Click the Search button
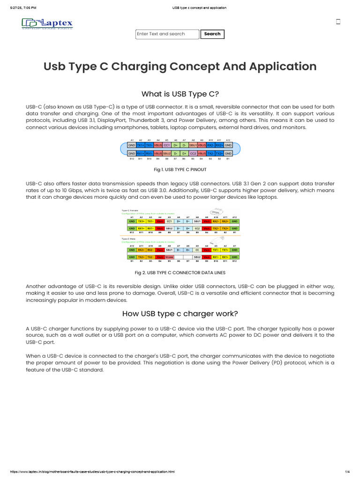coord(212,34)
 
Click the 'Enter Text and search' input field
coord(167,34)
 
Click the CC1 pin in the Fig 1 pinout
coord(167,145)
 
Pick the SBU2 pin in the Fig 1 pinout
coord(167,153)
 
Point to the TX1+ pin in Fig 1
coord(141,145)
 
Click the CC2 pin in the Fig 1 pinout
coord(193,153)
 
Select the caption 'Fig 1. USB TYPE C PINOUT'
coord(180,169)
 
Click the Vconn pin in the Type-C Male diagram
coord(169,257)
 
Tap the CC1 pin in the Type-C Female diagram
coord(169,221)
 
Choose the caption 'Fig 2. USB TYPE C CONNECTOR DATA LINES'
coord(180,272)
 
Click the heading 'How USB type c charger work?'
coord(180,314)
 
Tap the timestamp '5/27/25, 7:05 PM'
coord(23,8)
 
